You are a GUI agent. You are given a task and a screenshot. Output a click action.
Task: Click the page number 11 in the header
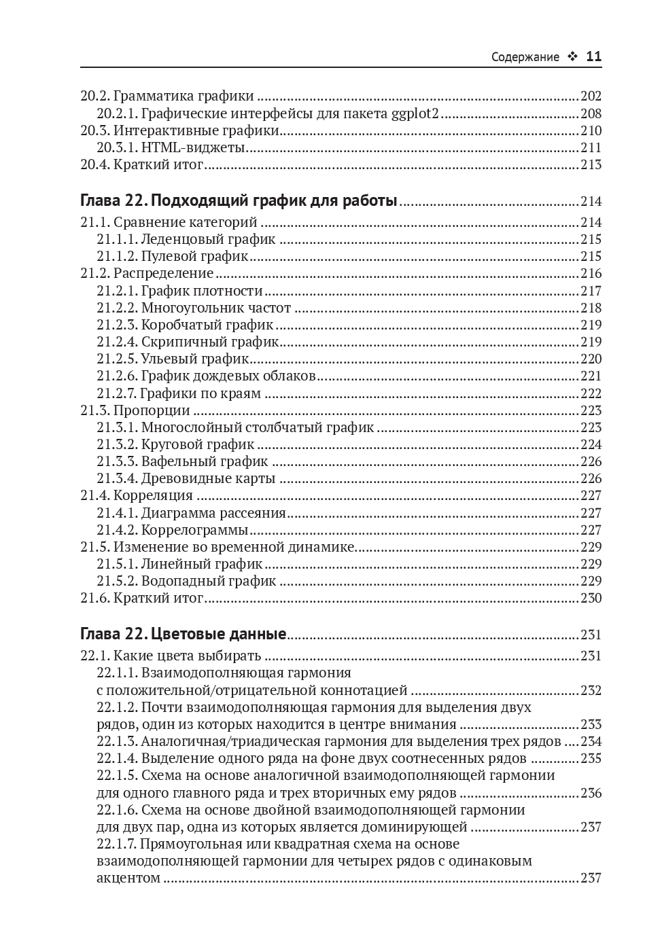point(593,57)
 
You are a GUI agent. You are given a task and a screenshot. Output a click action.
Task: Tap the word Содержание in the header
point(525,58)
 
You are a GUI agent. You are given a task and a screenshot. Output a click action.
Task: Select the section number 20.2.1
point(117,113)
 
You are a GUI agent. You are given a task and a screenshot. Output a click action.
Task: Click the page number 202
point(591,96)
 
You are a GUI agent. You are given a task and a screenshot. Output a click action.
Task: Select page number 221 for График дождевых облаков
point(591,376)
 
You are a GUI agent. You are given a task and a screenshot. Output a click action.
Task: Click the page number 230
point(591,598)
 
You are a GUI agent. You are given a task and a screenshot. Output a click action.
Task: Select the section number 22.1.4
point(117,758)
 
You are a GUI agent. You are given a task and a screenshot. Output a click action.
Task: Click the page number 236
point(591,793)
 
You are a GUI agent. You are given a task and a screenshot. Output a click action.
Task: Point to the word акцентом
point(128,878)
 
